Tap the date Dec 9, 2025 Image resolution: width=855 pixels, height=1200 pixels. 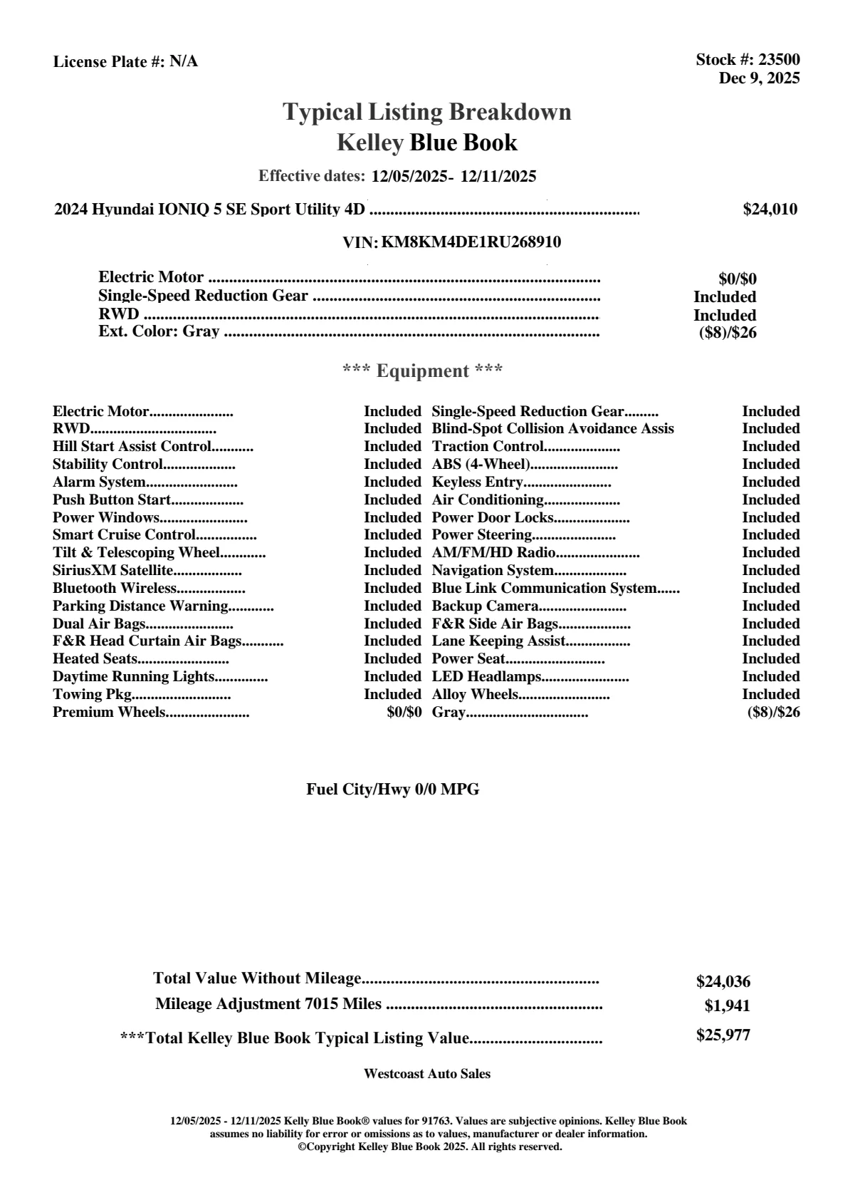tap(759, 78)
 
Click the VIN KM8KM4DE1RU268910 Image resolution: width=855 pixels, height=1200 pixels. tap(471, 242)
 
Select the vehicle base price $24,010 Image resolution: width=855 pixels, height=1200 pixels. tap(770, 210)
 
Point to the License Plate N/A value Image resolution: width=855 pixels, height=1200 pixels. tap(184, 62)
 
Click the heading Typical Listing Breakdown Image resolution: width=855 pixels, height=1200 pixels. tap(427, 112)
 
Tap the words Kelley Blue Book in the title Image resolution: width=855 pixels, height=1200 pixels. tap(427, 143)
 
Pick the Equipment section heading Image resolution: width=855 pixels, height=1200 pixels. tap(423, 371)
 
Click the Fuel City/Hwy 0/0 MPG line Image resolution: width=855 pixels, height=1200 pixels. tap(392, 790)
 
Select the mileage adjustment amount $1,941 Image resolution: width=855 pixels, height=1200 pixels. tap(727, 1006)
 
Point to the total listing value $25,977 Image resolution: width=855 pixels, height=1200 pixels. tap(723, 1035)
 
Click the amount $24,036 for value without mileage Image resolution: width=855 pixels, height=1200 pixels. tap(723, 982)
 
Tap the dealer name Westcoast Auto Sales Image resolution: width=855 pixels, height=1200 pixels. tap(427, 1074)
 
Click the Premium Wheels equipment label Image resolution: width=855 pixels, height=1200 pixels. tap(109, 713)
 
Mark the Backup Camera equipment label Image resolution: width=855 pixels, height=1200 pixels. tap(485, 606)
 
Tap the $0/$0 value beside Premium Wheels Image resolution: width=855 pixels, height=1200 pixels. tap(404, 713)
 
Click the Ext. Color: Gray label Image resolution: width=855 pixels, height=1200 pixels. tap(159, 331)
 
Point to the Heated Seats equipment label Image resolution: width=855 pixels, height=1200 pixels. tap(95, 659)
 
